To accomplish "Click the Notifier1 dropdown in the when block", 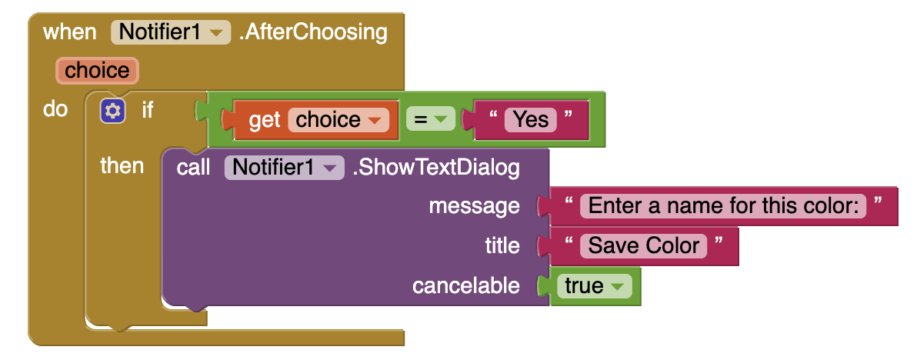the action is (171, 32).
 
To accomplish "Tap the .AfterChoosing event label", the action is (313, 32).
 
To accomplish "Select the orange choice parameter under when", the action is (97, 71).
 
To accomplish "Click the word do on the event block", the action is (55, 109).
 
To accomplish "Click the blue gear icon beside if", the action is (112, 111).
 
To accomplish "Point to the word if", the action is (148, 110).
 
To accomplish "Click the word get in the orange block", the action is (265, 120).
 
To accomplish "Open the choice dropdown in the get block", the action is (338, 120).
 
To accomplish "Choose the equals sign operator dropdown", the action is (430, 120).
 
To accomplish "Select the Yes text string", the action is (531, 120).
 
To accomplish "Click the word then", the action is (122, 166).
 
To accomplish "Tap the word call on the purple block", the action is (193, 168).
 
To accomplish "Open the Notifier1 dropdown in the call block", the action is (284, 168).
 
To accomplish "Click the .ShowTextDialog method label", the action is (435, 168).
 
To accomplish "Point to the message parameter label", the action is (475, 206).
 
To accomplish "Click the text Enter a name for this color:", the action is (723, 205).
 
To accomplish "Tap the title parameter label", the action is (502, 245).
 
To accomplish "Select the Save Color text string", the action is (643, 245).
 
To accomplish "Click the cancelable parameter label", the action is (466, 285).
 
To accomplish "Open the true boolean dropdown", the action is (594, 286).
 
